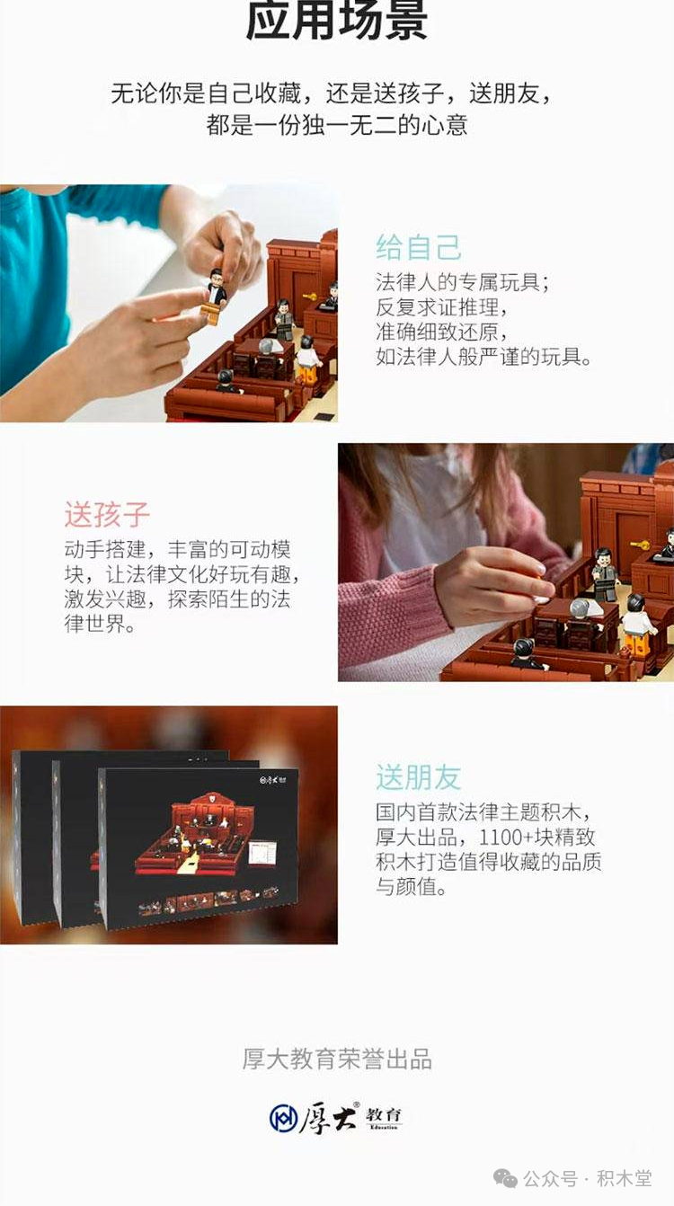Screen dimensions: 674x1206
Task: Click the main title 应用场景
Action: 337,20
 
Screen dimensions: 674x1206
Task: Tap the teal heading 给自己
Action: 418,248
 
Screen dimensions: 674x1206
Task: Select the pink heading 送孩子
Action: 107,514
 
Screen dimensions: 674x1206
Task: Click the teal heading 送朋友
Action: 418,777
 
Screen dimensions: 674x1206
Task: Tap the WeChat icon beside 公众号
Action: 505,1178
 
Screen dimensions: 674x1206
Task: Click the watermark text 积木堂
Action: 625,1178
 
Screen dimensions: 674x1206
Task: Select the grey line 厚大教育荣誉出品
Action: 337,1059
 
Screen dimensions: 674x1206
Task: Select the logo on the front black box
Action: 273,780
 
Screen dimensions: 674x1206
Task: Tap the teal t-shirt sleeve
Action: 108,208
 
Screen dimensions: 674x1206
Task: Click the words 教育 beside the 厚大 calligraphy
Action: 384,1114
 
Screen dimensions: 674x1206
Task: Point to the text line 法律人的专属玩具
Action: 463,281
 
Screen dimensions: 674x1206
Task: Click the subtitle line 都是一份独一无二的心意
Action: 337,124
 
